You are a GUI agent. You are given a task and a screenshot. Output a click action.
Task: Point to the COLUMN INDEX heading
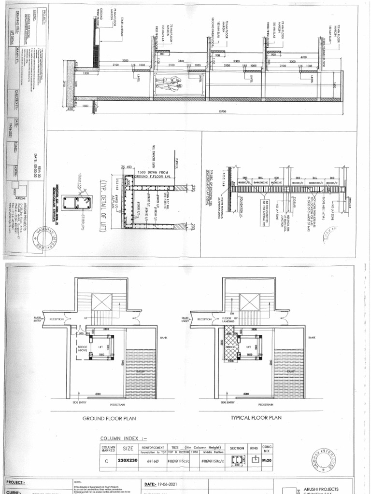tap(123, 438)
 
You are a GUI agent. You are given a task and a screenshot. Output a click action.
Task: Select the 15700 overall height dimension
tap(222, 111)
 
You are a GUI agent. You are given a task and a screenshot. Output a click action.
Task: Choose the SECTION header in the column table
tap(237, 448)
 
